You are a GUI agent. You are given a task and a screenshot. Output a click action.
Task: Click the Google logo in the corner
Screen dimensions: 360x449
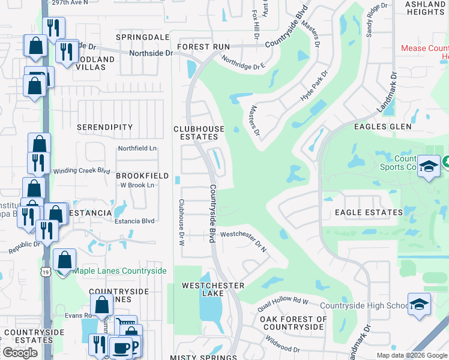(x=20, y=353)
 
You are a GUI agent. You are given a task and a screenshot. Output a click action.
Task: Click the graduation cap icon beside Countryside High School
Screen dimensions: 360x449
(x=419, y=304)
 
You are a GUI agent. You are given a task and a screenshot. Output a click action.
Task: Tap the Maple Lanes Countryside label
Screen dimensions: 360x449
(x=119, y=271)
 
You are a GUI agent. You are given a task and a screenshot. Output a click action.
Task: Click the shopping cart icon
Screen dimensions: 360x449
(x=125, y=326)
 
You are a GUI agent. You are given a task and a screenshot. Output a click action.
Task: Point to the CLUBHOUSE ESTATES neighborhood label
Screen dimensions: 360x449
(x=199, y=133)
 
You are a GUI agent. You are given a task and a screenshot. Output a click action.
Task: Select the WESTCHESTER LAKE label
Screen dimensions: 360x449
(x=213, y=289)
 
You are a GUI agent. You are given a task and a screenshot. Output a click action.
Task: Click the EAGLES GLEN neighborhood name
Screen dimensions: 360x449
(x=383, y=127)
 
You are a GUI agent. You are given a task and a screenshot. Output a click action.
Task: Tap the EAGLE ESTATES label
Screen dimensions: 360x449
(x=369, y=212)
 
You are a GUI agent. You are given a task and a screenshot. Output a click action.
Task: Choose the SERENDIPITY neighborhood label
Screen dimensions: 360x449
(x=105, y=127)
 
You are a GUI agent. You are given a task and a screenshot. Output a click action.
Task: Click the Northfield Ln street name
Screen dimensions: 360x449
(x=137, y=148)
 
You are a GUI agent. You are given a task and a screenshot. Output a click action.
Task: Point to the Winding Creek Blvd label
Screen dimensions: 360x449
(x=82, y=171)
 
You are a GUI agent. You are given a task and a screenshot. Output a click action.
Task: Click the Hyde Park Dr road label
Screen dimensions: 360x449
(x=315, y=86)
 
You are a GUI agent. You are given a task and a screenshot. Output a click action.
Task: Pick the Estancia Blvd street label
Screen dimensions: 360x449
(x=134, y=221)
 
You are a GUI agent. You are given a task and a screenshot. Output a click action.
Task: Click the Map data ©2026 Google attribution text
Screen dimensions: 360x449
(x=411, y=355)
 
